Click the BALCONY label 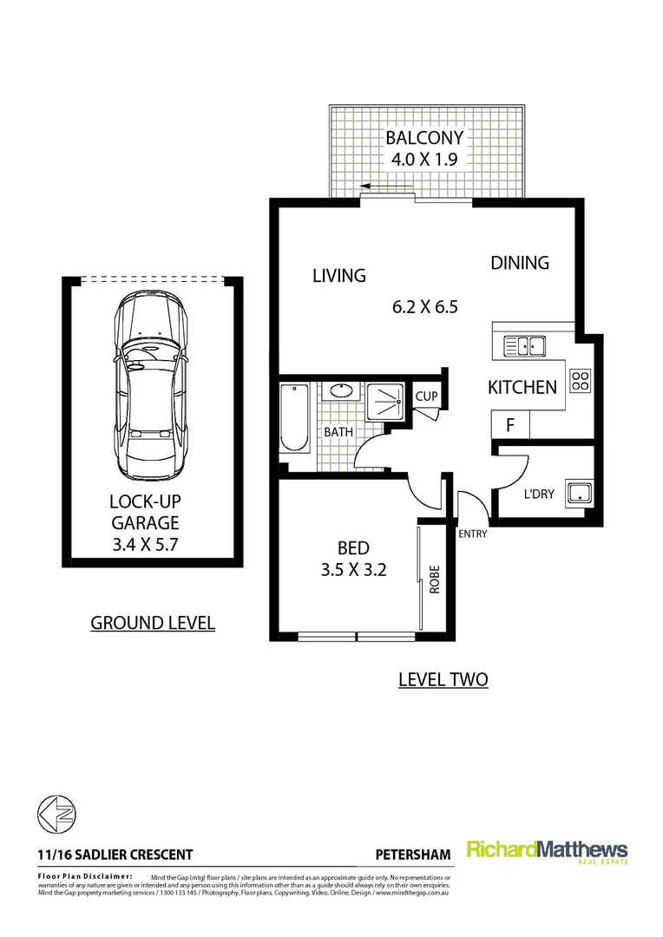coord(424,138)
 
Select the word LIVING coord(338,276)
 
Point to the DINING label coord(520,262)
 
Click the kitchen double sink coord(524,347)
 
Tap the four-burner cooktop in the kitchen coord(579,380)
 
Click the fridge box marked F coord(510,426)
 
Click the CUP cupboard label coord(426,396)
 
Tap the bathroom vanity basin coord(339,392)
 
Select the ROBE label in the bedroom coord(435,579)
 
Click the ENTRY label coord(473,534)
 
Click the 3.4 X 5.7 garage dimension coord(144,545)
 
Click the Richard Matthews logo coord(547,852)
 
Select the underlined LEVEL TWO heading coord(443,678)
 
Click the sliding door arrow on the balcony coord(375,186)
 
